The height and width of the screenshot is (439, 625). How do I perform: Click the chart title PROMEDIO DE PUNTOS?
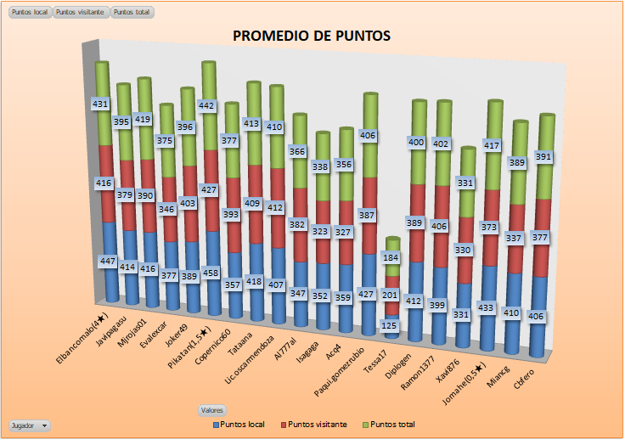pyautogui.click(x=312, y=36)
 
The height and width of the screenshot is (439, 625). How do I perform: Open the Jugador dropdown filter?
pyautogui.click(x=30, y=425)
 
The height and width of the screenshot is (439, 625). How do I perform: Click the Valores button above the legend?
pyautogui.click(x=212, y=410)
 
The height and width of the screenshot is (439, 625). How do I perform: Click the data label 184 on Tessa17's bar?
pyautogui.click(x=391, y=257)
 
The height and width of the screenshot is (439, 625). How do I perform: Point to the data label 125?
pyautogui.click(x=390, y=325)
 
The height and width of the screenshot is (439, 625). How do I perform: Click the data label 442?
pyautogui.click(x=207, y=105)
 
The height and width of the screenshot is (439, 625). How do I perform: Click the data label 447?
pyautogui.click(x=107, y=262)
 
